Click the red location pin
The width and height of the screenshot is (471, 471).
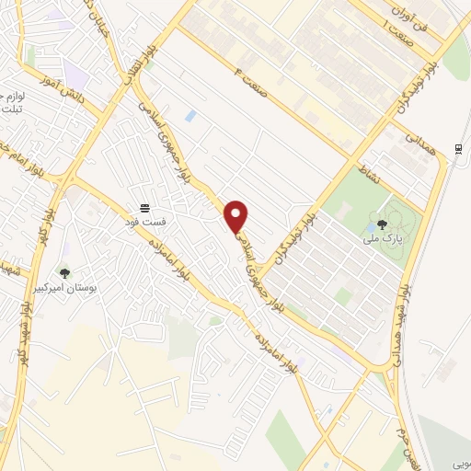(236, 215)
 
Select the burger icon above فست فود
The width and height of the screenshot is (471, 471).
(144, 209)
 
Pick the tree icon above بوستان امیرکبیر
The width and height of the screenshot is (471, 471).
(63, 272)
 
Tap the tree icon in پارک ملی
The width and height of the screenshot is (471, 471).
(382, 224)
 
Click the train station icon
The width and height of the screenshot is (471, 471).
(458, 149)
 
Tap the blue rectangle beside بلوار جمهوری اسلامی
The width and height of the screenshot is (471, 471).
(190, 117)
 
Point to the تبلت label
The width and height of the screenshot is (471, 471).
(11, 110)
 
